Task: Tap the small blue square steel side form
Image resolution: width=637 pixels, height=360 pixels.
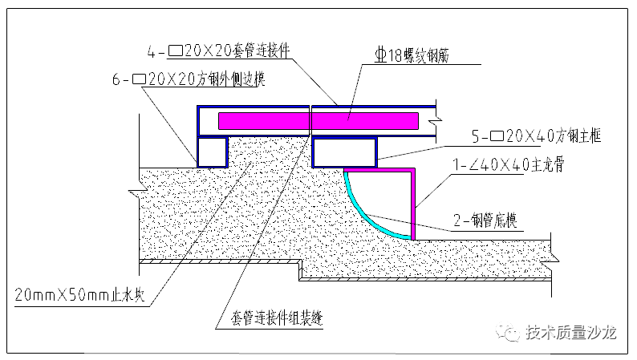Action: coord(212,151)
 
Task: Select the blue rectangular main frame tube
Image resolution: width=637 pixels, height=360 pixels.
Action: coord(343,151)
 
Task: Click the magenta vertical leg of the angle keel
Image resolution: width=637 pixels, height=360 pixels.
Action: coord(414,204)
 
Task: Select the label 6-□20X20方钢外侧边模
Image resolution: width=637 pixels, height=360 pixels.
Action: coord(189,79)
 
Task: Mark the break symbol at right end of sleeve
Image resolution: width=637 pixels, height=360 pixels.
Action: coord(434,122)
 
